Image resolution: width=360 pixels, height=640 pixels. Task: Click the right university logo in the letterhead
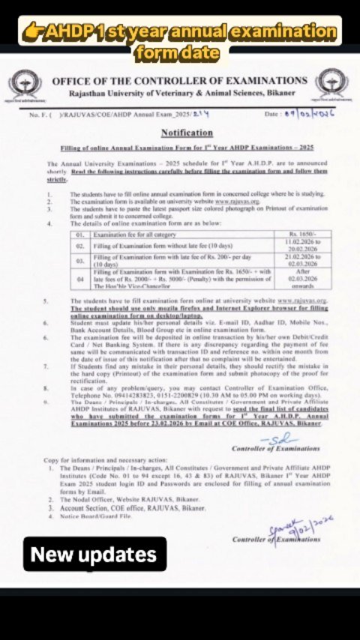coord(330,83)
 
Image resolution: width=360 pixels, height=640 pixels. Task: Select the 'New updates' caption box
coord(94,555)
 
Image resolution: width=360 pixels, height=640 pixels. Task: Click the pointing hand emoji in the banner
coord(31,33)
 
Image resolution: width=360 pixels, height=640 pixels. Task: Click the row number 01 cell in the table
coord(80,236)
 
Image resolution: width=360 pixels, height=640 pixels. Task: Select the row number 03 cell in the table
coord(80,262)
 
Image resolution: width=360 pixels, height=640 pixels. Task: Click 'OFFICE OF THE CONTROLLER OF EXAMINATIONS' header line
coord(180,80)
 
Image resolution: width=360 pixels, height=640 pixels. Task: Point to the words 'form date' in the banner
coord(178,53)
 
